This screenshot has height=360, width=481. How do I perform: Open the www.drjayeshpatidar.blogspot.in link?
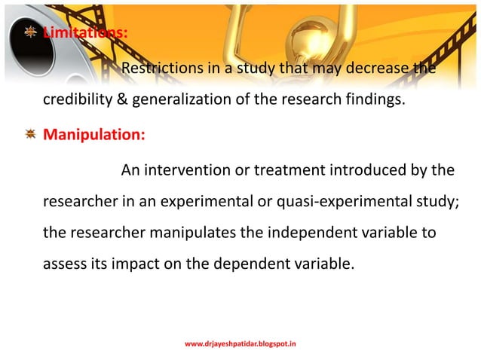[240, 343]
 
